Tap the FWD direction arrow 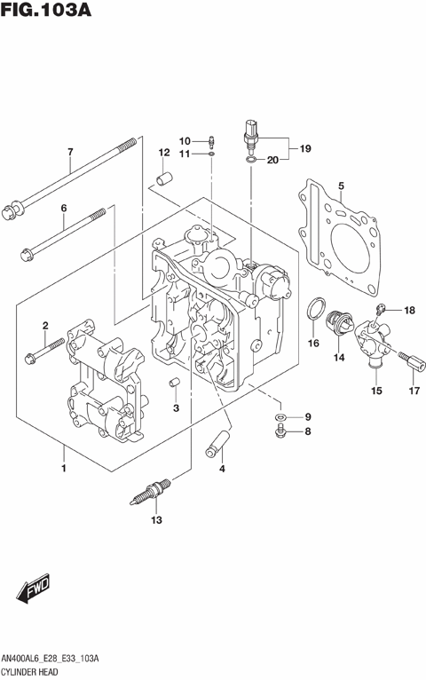pyautogui.click(x=33, y=587)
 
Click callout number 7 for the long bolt pyautogui.click(x=69, y=152)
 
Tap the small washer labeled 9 pyautogui.click(x=280, y=416)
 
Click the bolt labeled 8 pyautogui.click(x=280, y=431)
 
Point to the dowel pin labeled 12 pyautogui.click(x=163, y=179)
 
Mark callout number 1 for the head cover pyautogui.click(x=63, y=466)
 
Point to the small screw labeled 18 pyautogui.click(x=380, y=309)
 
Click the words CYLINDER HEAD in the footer pyautogui.click(x=33, y=672)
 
